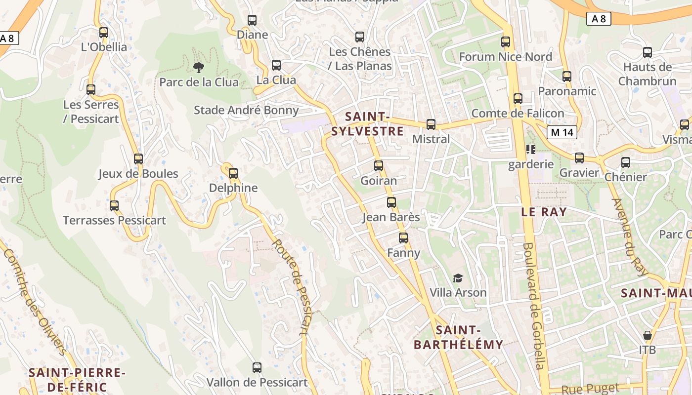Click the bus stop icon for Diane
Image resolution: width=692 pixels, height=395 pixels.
[252, 20]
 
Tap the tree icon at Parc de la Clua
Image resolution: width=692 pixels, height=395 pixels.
[199, 67]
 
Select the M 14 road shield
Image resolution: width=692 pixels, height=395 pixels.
[562, 132]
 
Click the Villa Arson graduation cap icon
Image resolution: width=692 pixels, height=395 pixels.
[458, 278]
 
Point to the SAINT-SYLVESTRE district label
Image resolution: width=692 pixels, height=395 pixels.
[367, 124]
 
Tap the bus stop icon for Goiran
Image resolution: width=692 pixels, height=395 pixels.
[379, 166]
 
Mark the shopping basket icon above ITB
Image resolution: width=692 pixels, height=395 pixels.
[648, 335]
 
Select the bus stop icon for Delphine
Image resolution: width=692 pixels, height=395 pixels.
[233, 173]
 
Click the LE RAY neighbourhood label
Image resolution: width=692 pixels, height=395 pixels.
[544, 212]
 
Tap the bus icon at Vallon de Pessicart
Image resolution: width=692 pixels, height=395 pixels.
[257, 368]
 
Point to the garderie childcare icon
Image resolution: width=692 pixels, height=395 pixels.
[531, 149]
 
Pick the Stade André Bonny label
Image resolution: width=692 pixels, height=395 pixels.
[246, 110]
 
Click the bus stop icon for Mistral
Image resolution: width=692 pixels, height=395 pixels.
[431, 124]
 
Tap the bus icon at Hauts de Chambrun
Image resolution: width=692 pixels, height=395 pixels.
[648, 52]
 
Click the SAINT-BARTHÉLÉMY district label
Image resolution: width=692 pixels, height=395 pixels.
[458, 337]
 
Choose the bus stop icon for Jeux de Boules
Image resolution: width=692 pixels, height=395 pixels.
[138, 159]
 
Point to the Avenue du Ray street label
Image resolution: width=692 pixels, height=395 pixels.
[629, 237]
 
